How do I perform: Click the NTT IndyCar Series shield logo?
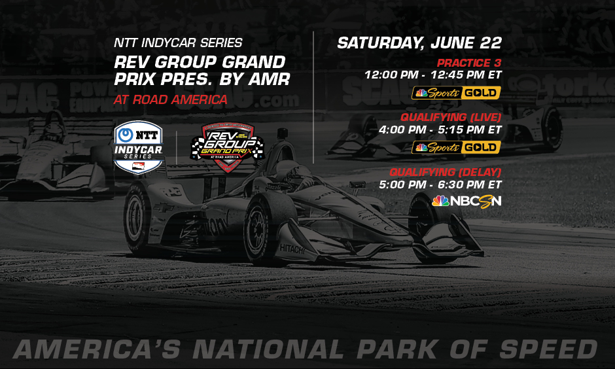click(x=139, y=147)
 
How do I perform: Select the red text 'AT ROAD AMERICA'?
click(x=170, y=100)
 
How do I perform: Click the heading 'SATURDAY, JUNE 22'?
click(x=419, y=44)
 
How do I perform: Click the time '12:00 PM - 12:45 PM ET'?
click(x=433, y=75)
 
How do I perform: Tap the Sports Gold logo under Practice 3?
click(x=456, y=93)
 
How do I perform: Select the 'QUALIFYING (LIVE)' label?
click(x=451, y=117)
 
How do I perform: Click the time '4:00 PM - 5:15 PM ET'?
click(x=440, y=130)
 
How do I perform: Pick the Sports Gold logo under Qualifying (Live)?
click(x=456, y=147)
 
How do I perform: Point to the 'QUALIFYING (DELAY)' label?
click(x=445, y=172)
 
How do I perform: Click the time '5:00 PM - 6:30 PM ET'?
click(x=440, y=184)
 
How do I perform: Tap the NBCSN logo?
click(x=466, y=201)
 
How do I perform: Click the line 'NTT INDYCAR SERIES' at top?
click(x=178, y=43)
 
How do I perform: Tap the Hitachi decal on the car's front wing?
click(x=292, y=249)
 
